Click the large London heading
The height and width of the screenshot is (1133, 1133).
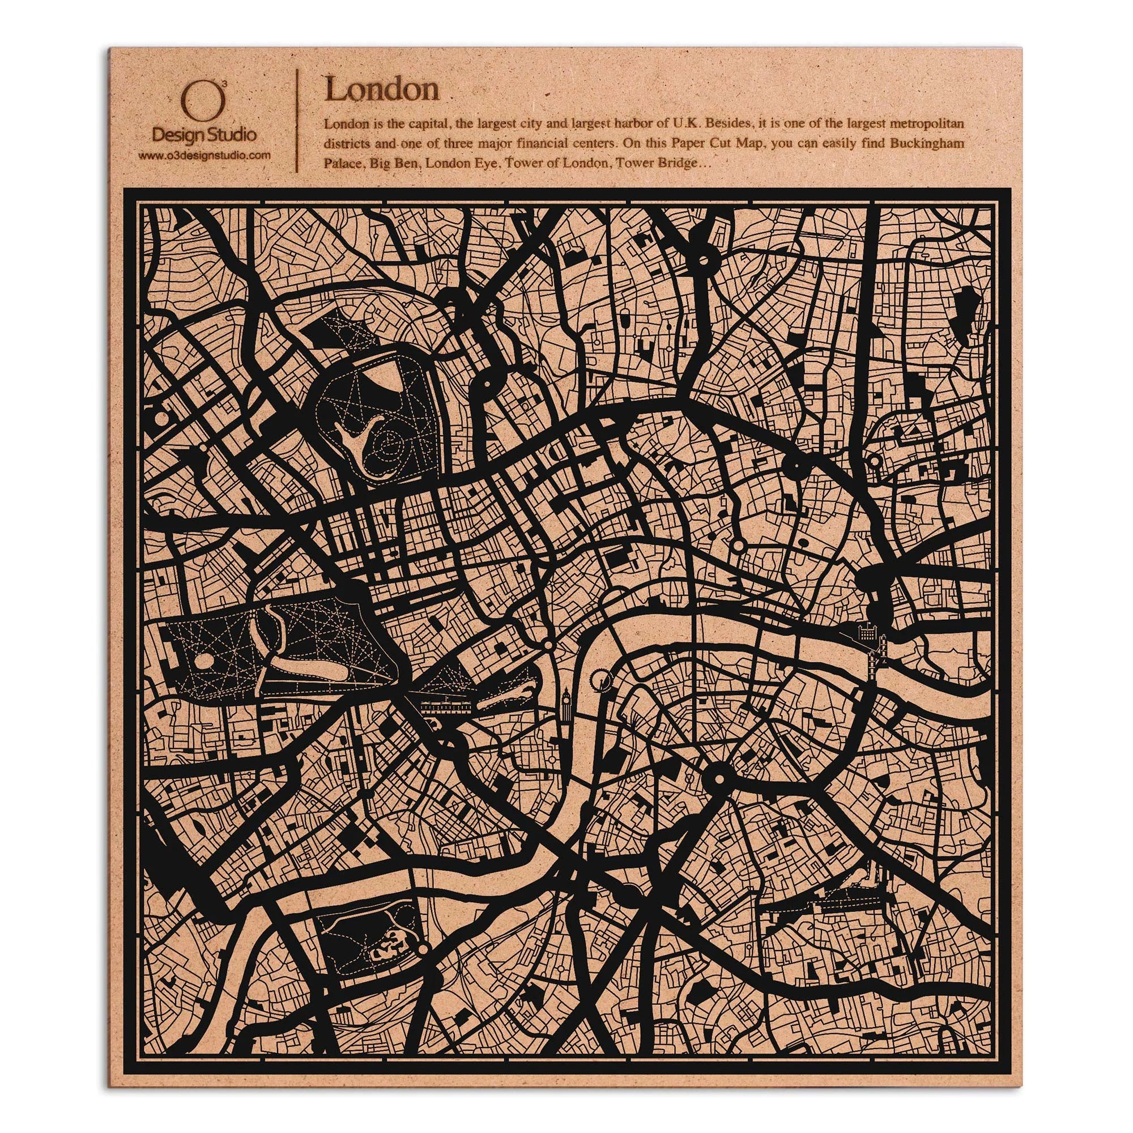tap(382, 90)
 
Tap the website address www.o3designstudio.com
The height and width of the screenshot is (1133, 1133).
tap(205, 155)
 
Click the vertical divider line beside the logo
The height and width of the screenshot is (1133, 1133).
tap(299, 120)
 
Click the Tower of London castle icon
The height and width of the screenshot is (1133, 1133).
tap(866, 633)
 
